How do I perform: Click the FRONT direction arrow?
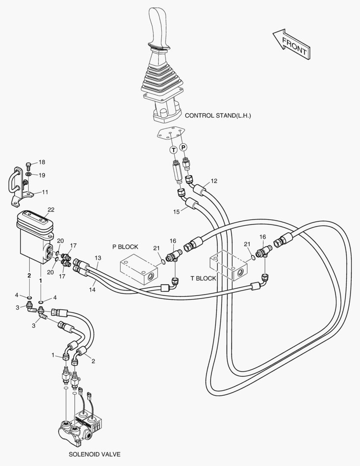tap(291, 43)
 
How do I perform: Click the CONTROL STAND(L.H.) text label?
tap(218, 116)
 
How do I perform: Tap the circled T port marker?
tap(173, 150)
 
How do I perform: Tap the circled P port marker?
tap(184, 147)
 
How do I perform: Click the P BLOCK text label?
tap(125, 247)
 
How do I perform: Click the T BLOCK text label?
tap(203, 278)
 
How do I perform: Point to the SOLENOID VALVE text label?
tap(95, 454)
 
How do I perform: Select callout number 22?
tap(51, 210)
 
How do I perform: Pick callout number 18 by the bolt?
tap(41, 162)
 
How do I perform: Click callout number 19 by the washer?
tap(41, 175)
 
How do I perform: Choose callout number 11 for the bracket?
tap(45, 192)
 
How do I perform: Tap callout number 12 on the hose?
tap(214, 180)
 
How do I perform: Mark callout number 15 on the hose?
tap(176, 212)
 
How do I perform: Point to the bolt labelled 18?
tap(29, 165)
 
